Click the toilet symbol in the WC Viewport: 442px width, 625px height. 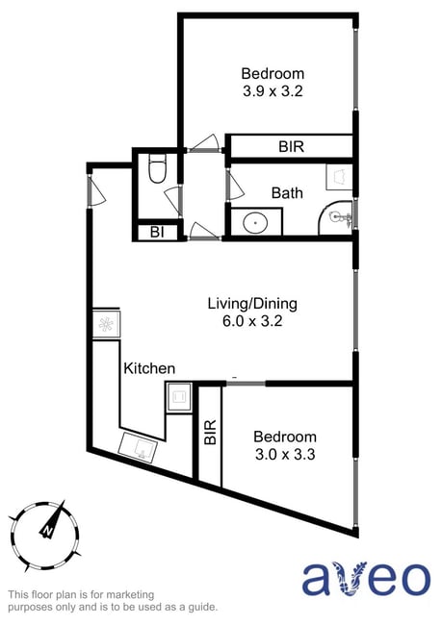(157, 169)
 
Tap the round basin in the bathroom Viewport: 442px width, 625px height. (256, 223)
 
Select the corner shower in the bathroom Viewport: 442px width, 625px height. (335, 217)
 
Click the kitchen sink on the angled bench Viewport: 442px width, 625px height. (138, 448)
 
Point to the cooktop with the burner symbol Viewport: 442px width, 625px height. (106, 324)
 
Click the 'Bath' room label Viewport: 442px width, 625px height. (287, 193)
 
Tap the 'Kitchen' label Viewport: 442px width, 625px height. (149, 368)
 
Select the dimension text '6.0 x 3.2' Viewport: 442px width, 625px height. (252, 321)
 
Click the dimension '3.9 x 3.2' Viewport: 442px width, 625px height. (273, 91)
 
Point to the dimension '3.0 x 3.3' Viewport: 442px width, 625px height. (285, 454)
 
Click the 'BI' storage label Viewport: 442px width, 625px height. (157, 232)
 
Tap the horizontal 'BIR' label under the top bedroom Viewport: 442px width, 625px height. (292, 147)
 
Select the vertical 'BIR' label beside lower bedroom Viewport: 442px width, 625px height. (210, 432)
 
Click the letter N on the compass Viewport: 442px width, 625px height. (48, 531)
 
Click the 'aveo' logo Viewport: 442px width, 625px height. (366, 578)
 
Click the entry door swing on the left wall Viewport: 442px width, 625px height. (96, 191)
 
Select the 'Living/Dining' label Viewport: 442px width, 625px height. (252, 304)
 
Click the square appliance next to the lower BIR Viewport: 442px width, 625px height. (179, 396)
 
